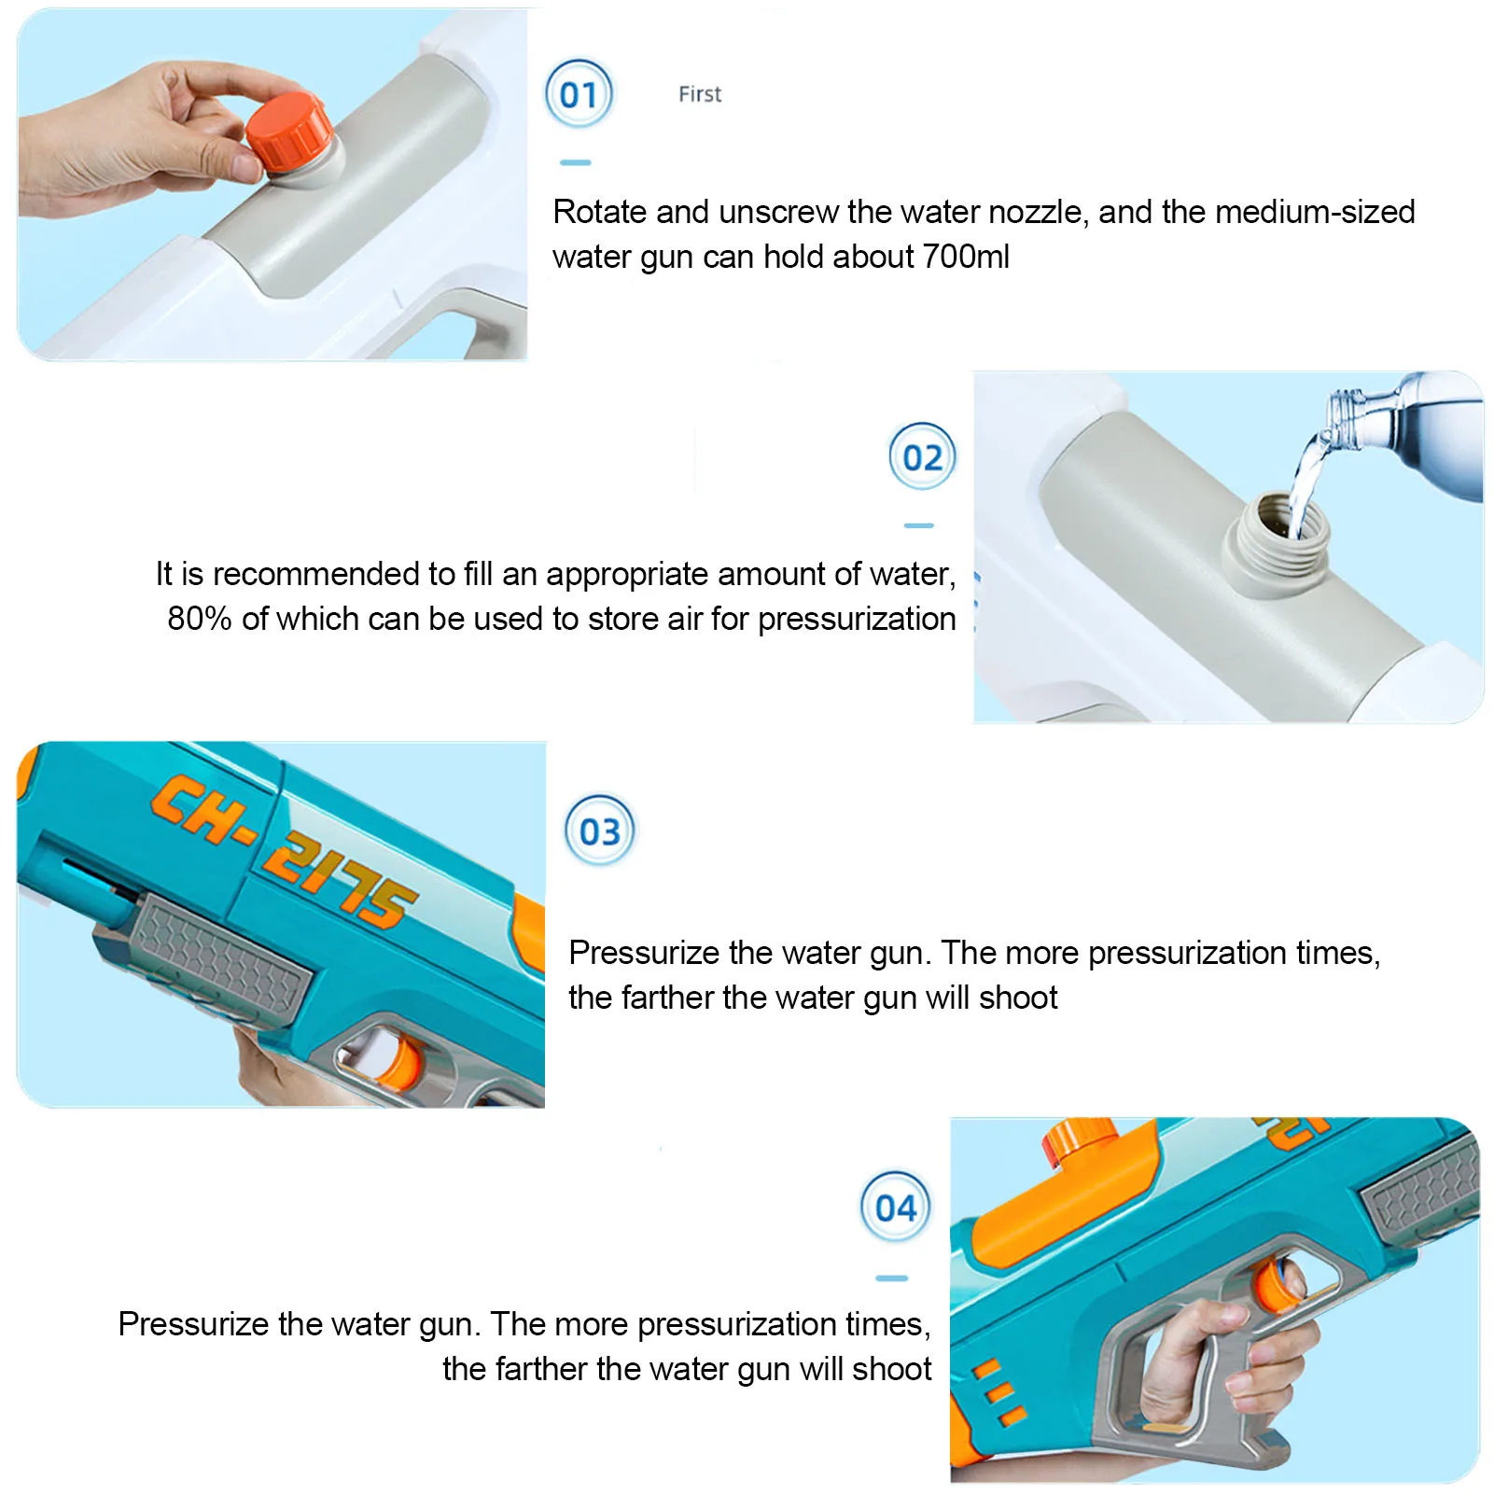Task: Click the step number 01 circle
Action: coord(579,93)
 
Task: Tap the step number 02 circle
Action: coord(922,456)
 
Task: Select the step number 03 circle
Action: coord(599,831)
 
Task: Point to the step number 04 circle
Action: coord(895,1208)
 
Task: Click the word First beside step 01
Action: coord(700,94)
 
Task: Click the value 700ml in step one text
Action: coord(965,257)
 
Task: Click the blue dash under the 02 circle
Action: coord(919,525)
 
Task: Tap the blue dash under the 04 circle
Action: coord(892,1278)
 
